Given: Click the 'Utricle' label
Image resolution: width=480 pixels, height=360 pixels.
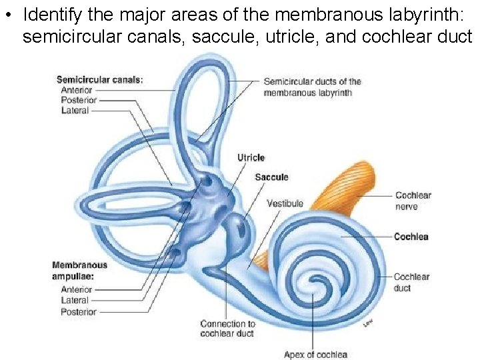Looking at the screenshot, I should pyautogui.click(x=251, y=158).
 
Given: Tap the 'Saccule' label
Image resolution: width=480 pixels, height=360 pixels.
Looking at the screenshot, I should pyautogui.click(x=271, y=177).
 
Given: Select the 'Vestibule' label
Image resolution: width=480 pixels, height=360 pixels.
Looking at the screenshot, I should pyautogui.click(x=285, y=203).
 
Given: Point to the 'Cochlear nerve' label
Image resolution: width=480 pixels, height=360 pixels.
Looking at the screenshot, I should pyautogui.click(x=413, y=201).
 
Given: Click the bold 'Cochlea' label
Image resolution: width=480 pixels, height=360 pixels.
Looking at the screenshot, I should pyautogui.click(x=411, y=237).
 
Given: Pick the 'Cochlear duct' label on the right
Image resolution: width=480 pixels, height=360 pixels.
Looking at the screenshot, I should pyautogui.click(x=411, y=283).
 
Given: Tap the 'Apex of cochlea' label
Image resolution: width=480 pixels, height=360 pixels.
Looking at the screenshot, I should pyautogui.click(x=315, y=354).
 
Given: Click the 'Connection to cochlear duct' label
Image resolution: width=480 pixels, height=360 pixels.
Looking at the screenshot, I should pyautogui.click(x=227, y=329).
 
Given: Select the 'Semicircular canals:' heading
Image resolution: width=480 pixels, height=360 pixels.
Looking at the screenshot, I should pyautogui.click(x=99, y=80).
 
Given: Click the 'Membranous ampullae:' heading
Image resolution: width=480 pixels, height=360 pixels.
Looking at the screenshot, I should pyautogui.click(x=79, y=270).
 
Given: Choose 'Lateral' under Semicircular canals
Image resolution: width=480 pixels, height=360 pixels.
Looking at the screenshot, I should pyautogui.click(x=75, y=111).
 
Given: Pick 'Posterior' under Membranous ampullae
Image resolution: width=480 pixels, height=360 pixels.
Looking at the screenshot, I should pyautogui.click(x=79, y=311).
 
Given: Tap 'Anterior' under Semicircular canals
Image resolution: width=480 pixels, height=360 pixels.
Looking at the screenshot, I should pyautogui.click(x=76, y=90).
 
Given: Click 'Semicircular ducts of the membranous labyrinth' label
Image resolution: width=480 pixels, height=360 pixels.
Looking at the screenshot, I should pyautogui.click(x=312, y=87).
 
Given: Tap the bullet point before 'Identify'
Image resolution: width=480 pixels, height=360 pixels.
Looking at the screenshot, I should pyautogui.click(x=8, y=15).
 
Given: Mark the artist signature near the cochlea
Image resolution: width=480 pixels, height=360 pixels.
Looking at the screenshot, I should pyautogui.click(x=367, y=323).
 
